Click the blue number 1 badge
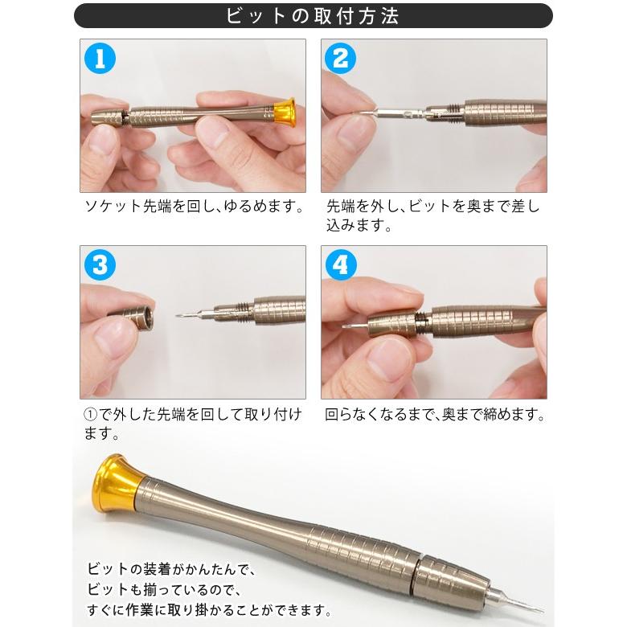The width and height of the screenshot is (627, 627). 100,59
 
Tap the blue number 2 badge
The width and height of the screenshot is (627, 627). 340,59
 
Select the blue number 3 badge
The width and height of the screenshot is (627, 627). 100,264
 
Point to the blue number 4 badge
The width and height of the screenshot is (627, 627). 340,264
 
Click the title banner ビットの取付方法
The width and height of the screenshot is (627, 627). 313,16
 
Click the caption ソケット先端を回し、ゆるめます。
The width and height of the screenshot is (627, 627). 195,207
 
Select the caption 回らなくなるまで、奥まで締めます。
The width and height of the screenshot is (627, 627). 435,414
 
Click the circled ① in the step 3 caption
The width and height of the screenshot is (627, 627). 90,415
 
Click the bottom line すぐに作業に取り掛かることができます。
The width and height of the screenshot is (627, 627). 210,611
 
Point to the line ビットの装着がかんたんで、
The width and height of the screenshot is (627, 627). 170,569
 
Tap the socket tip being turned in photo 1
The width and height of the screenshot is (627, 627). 106,119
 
